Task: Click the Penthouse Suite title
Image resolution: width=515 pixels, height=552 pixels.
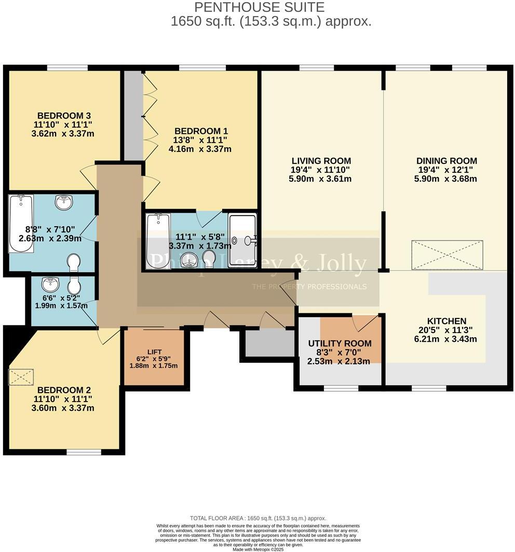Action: (259, 7)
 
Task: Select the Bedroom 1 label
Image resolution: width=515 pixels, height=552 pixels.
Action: (201, 131)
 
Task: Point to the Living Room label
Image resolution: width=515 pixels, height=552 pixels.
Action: (321, 161)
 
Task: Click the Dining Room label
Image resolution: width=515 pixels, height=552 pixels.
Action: (446, 161)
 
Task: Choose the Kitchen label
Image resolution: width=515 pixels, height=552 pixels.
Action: (446, 321)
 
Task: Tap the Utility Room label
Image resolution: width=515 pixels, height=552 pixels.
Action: (340, 343)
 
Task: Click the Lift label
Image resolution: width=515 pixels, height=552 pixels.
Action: (154, 352)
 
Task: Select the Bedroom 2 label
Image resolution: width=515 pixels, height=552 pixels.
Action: (60, 390)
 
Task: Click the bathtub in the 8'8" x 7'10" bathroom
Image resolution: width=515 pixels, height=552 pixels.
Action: (21, 223)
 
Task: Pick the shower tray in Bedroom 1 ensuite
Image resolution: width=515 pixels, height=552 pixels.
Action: (242, 241)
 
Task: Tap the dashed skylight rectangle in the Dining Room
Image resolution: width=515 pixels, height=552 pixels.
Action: (447, 255)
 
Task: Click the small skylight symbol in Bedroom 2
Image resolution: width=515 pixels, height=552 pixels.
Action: (21, 377)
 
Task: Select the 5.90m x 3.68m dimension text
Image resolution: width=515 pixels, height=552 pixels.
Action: (446, 179)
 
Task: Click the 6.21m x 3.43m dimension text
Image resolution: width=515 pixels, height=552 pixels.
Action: (446, 339)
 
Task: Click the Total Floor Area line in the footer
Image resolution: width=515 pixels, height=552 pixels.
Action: (258, 518)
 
